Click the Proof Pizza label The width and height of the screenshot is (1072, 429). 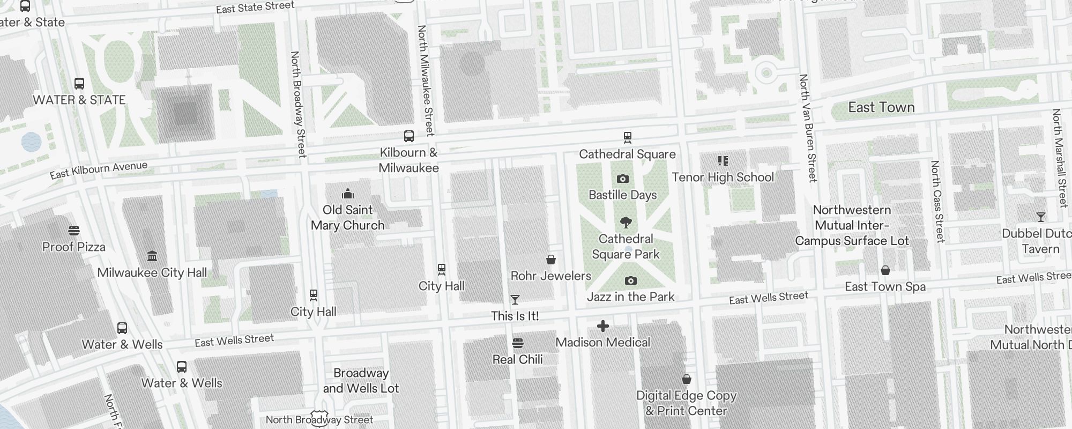[x=74, y=247]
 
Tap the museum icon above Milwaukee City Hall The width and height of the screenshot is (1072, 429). [x=152, y=256]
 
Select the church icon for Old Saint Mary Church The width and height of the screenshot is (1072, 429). [x=348, y=194]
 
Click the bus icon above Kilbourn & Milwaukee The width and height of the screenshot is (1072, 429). [x=409, y=136]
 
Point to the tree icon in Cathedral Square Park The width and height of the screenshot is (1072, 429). [x=626, y=223]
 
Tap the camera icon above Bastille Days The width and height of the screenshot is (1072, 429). [x=622, y=179]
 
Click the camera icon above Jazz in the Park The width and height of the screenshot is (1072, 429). [x=631, y=280]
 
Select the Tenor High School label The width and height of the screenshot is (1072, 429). [x=723, y=177]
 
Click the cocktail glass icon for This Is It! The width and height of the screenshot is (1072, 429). [x=515, y=300]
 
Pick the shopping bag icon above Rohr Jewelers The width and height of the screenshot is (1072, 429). [x=550, y=260]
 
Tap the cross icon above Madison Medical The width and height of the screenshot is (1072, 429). [x=603, y=326]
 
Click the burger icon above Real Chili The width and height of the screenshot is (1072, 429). [x=518, y=343]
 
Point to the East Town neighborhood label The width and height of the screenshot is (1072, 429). [x=881, y=108]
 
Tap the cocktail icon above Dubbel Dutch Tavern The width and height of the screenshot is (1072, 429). [x=1040, y=217]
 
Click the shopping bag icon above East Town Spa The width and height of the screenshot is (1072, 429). [x=885, y=271]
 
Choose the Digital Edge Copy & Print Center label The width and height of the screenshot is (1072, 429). [x=686, y=403]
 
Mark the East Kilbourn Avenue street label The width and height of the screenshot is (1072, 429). [x=99, y=170]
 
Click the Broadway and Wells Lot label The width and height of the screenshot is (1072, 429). [x=361, y=381]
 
